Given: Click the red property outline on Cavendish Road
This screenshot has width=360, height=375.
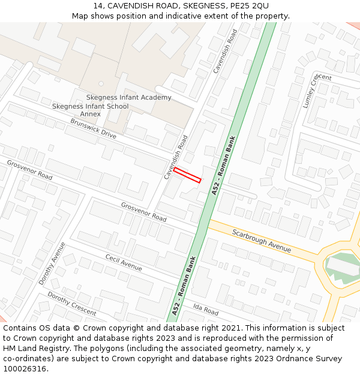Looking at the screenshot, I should [x=187, y=175].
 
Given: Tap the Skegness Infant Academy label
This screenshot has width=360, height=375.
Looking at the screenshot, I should [x=128, y=98].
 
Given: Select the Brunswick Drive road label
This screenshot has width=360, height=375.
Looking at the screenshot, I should [x=93, y=128].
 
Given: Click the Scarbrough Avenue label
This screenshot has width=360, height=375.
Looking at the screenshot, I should [x=262, y=241].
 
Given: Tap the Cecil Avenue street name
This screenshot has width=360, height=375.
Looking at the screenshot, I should [x=124, y=262].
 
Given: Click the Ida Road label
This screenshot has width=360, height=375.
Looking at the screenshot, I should [x=206, y=310].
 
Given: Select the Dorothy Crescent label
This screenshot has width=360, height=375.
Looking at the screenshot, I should [x=71, y=304].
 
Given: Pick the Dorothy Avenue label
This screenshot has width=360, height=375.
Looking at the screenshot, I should [x=52, y=263].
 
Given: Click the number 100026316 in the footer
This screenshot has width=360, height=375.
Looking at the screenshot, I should [x=25, y=369].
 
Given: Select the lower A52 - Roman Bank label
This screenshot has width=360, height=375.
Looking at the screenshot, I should [x=184, y=286].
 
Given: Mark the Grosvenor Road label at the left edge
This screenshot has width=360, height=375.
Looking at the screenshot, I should [x=29, y=170].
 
